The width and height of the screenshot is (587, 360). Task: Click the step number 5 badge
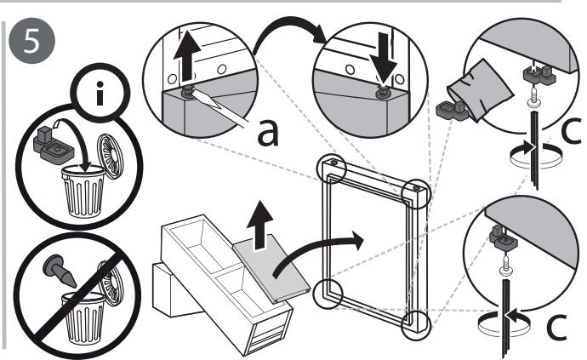coord(31,41)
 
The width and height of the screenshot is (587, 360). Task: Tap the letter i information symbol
coord(100,94)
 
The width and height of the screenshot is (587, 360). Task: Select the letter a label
coord(268,133)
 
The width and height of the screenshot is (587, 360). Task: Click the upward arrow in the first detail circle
coord(187,56)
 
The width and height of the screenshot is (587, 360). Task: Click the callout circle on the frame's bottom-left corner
coord(328,294)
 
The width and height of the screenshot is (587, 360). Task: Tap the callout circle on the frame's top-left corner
coord(331,169)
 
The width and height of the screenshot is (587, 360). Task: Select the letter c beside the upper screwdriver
coord(572,130)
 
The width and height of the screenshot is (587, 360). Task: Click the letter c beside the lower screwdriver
coord(556,327)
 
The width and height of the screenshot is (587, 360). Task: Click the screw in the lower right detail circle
coord(506,266)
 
